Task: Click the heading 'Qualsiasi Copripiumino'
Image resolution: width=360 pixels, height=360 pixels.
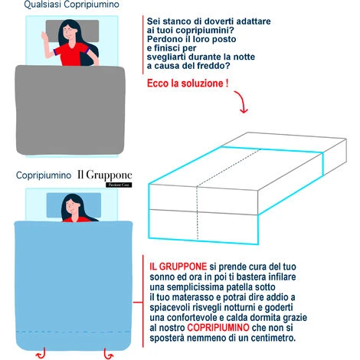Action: click(71, 5)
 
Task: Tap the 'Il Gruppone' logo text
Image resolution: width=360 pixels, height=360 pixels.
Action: click(105, 175)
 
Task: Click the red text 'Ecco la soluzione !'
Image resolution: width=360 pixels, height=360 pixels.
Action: click(188, 83)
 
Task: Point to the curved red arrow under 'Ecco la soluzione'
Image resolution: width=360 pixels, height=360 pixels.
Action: click(242, 102)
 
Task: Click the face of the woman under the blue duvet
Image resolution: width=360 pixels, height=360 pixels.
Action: click(73, 206)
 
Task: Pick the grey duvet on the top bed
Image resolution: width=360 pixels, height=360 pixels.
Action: click(70, 110)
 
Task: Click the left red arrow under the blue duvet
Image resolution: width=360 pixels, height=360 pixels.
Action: click(41, 353)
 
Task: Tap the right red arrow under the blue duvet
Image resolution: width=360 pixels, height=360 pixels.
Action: click(109, 353)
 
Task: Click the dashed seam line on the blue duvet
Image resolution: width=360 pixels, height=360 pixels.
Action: click(74, 332)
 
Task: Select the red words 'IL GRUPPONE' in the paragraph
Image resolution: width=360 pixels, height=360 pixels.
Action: click(178, 267)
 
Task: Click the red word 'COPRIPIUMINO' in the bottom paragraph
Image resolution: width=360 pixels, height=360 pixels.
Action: click(218, 328)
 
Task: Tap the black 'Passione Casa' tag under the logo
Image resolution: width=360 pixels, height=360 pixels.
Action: click(119, 185)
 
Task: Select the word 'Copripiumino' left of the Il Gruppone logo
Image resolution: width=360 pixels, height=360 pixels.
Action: click(44, 175)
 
